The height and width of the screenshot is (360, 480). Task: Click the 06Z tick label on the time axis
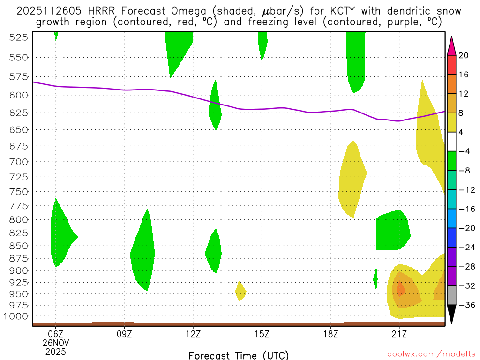pos(56,334)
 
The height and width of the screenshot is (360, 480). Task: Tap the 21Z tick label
pos(399,334)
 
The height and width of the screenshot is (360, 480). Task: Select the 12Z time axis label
pos(193,334)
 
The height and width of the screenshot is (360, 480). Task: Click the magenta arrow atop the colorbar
pos(451,45)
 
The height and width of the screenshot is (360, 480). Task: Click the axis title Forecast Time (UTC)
pos(239,355)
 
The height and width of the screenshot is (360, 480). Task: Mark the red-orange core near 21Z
pos(401,289)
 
